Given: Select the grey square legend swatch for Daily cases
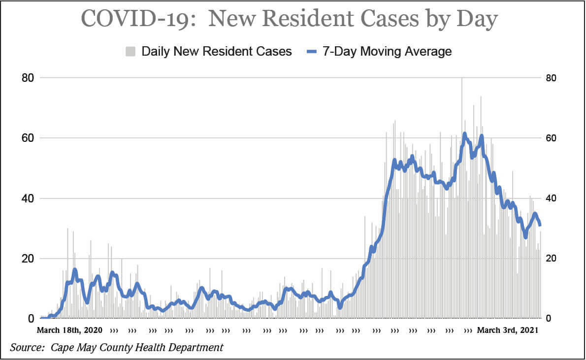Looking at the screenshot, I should coord(131,51).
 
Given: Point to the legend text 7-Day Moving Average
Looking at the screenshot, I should coord(387,51).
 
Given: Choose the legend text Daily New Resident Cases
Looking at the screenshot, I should coord(217,51).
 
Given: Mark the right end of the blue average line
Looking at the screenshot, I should coord(540,225).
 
